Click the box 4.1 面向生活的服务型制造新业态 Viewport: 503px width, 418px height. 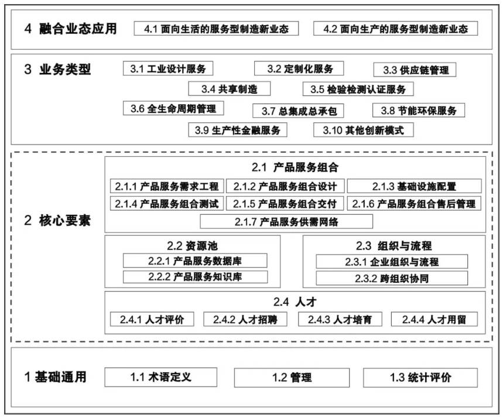click(216, 29)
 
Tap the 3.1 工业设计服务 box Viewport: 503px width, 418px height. click(168, 69)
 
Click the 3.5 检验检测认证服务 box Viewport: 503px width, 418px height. click(358, 89)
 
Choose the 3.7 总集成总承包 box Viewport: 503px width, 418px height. click(299, 111)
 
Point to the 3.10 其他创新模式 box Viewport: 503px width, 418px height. click(363, 130)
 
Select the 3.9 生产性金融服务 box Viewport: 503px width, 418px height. click(238, 130)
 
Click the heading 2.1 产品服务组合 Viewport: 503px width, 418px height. click(295, 167)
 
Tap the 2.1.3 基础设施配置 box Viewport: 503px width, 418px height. click(415, 186)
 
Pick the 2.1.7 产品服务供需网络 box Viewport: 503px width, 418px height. click(286, 221)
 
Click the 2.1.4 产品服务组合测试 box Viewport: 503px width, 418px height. click(166, 204)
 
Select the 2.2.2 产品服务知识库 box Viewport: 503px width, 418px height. click(195, 277)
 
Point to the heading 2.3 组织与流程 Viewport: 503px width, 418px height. click(393, 245)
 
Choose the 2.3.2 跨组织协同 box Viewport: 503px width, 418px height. click(392, 278)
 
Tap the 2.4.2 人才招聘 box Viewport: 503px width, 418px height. click(243, 319)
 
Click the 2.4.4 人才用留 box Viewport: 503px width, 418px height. click(434, 319)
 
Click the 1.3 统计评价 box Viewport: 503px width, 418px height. click(420, 378)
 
